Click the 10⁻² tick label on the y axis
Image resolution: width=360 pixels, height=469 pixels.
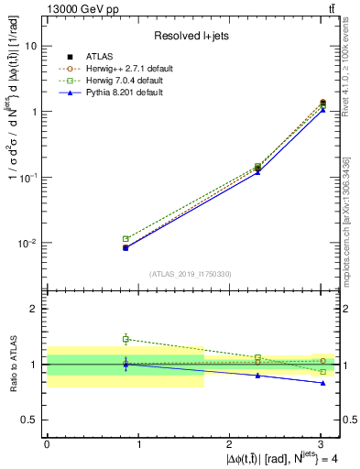[x=28, y=244]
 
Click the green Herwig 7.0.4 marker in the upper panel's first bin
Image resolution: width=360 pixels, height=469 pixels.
[x=125, y=239]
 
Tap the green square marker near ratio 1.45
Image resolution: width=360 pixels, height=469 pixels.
[x=125, y=339]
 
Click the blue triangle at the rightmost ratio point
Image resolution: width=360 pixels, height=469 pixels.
[x=322, y=383]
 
